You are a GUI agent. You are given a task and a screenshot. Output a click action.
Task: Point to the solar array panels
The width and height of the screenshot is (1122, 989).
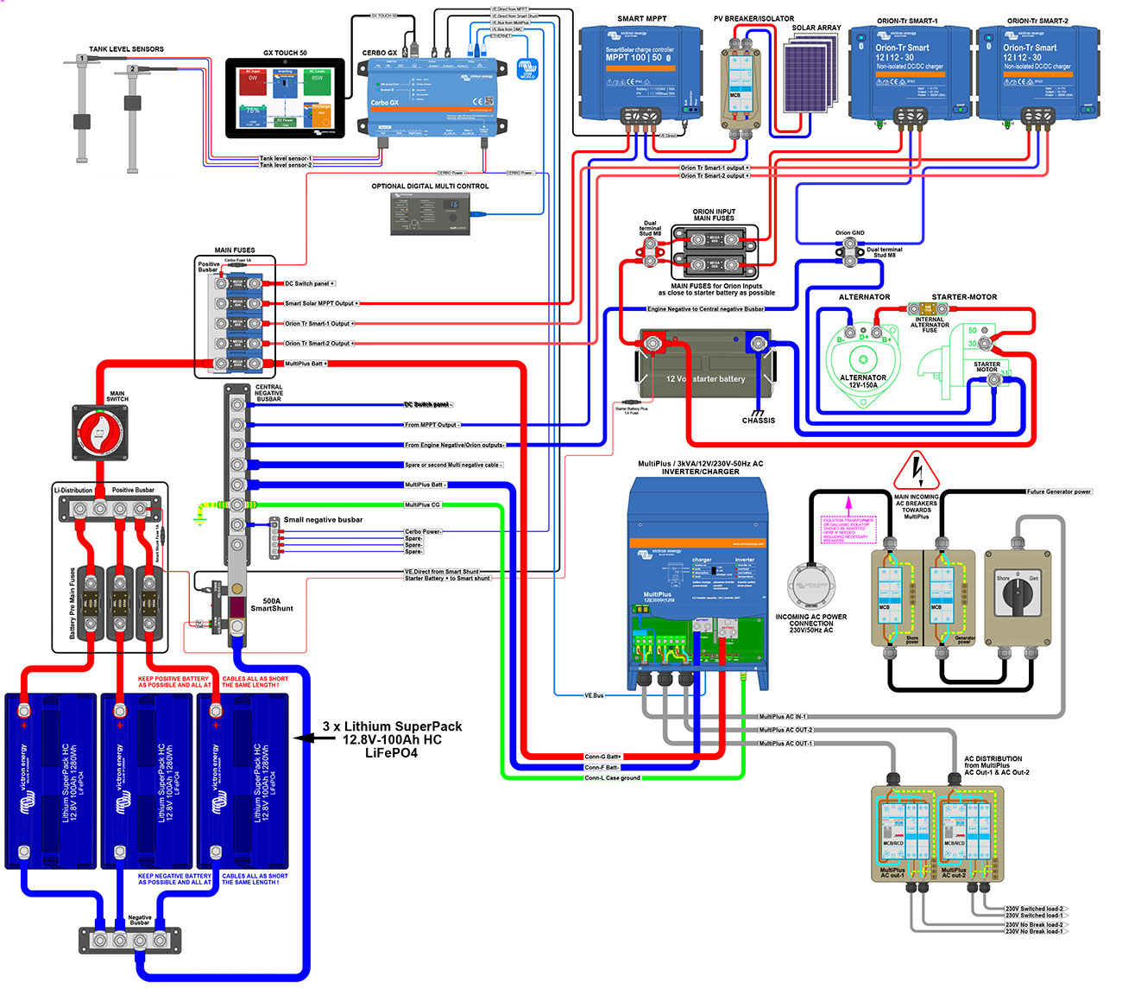(x=811, y=73)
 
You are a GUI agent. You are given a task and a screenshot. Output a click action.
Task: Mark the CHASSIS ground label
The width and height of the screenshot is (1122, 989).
(x=759, y=421)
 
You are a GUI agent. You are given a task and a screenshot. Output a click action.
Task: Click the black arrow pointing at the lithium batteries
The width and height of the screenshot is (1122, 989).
(x=304, y=739)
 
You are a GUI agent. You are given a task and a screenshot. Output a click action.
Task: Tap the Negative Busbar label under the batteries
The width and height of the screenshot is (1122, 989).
(x=140, y=921)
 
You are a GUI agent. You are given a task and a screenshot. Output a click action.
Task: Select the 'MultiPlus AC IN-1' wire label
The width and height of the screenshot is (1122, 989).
(x=783, y=717)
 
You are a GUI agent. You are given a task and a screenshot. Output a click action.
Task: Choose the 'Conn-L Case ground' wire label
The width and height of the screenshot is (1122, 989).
(x=612, y=778)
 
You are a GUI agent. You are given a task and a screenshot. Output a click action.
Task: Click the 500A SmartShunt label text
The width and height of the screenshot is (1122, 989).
(x=272, y=604)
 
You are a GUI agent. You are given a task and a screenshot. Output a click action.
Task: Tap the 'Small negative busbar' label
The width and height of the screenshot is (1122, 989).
(x=323, y=520)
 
